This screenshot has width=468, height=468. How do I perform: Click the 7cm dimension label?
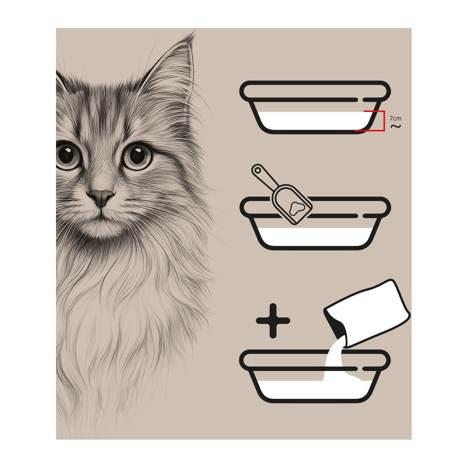396,118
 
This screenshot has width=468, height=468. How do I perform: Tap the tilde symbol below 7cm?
396,126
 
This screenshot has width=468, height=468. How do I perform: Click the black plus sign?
273,321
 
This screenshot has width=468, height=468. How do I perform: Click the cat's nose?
100,197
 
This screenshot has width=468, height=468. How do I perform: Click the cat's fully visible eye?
137,156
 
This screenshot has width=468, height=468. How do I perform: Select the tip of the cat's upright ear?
195,32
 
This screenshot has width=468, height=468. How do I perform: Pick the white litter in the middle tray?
316,237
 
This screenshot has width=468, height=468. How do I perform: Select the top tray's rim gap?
361,100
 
